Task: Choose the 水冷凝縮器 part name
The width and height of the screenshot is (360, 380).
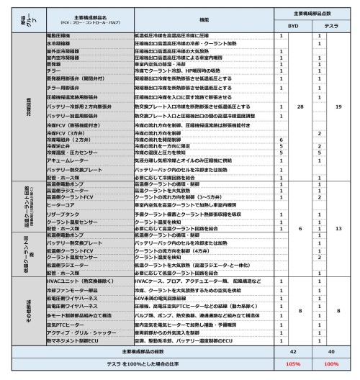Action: [x=60, y=43]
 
